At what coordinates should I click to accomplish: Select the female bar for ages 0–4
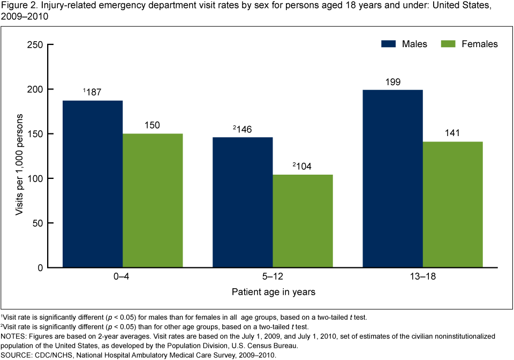[153, 200]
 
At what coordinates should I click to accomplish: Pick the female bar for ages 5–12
[303, 221]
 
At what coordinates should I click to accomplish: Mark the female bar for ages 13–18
[452, 204]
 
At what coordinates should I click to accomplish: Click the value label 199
[392, 82]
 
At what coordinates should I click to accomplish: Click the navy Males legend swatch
[393, 44]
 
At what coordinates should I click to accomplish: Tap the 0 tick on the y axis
[40, 267]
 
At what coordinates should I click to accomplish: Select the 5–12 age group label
[273, 277]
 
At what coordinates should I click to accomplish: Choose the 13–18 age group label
[422, 277]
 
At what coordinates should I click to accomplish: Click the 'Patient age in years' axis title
[273, 292]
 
